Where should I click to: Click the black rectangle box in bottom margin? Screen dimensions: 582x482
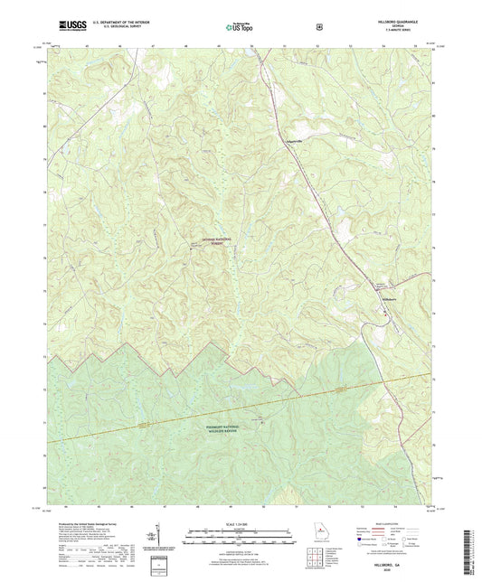(x=163, y=564)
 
